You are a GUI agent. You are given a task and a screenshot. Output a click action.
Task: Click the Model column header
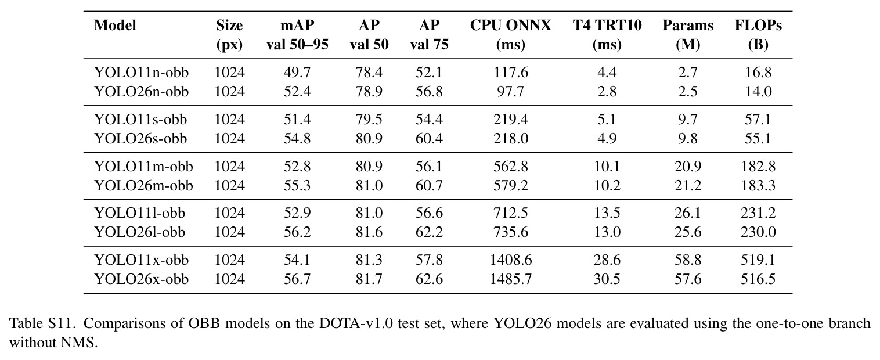tap(115, 26)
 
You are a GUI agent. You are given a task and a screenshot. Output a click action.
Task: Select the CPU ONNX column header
tap(510, 35)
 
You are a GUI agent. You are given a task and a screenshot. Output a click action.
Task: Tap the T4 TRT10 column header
tap(607, 35)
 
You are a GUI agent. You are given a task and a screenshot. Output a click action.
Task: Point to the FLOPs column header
tap(758, 35)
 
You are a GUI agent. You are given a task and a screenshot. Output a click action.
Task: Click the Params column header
tap(688, 35)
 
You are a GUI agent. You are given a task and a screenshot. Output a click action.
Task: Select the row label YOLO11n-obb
tap(141, 73)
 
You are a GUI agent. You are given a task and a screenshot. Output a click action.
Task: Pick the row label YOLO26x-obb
tap(141, 279)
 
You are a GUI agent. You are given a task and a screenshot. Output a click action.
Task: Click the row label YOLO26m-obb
tap(143, 185)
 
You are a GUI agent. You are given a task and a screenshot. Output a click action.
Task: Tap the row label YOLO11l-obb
tap(139, 213)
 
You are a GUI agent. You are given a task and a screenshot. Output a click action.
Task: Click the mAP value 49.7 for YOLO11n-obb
tap(297, 73)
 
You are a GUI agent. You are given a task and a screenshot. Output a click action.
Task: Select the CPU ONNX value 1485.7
tap(510, 279)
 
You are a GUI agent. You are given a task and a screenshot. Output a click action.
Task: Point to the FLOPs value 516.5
tap(758, 279)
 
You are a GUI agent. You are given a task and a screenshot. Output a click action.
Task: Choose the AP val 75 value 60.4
tap(429, 139)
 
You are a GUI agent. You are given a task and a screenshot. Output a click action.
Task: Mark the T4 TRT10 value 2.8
tap(607, 92)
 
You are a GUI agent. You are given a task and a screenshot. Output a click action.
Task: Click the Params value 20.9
tap(688, 167)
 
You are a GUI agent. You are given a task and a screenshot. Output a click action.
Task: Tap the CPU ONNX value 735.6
tap(510, 232)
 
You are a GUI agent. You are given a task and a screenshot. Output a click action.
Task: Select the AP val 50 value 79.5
tap(369, 120)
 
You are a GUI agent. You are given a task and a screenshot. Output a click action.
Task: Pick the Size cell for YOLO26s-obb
tap(229, 139)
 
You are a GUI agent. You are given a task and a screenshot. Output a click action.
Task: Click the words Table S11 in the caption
tap(42, 323)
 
